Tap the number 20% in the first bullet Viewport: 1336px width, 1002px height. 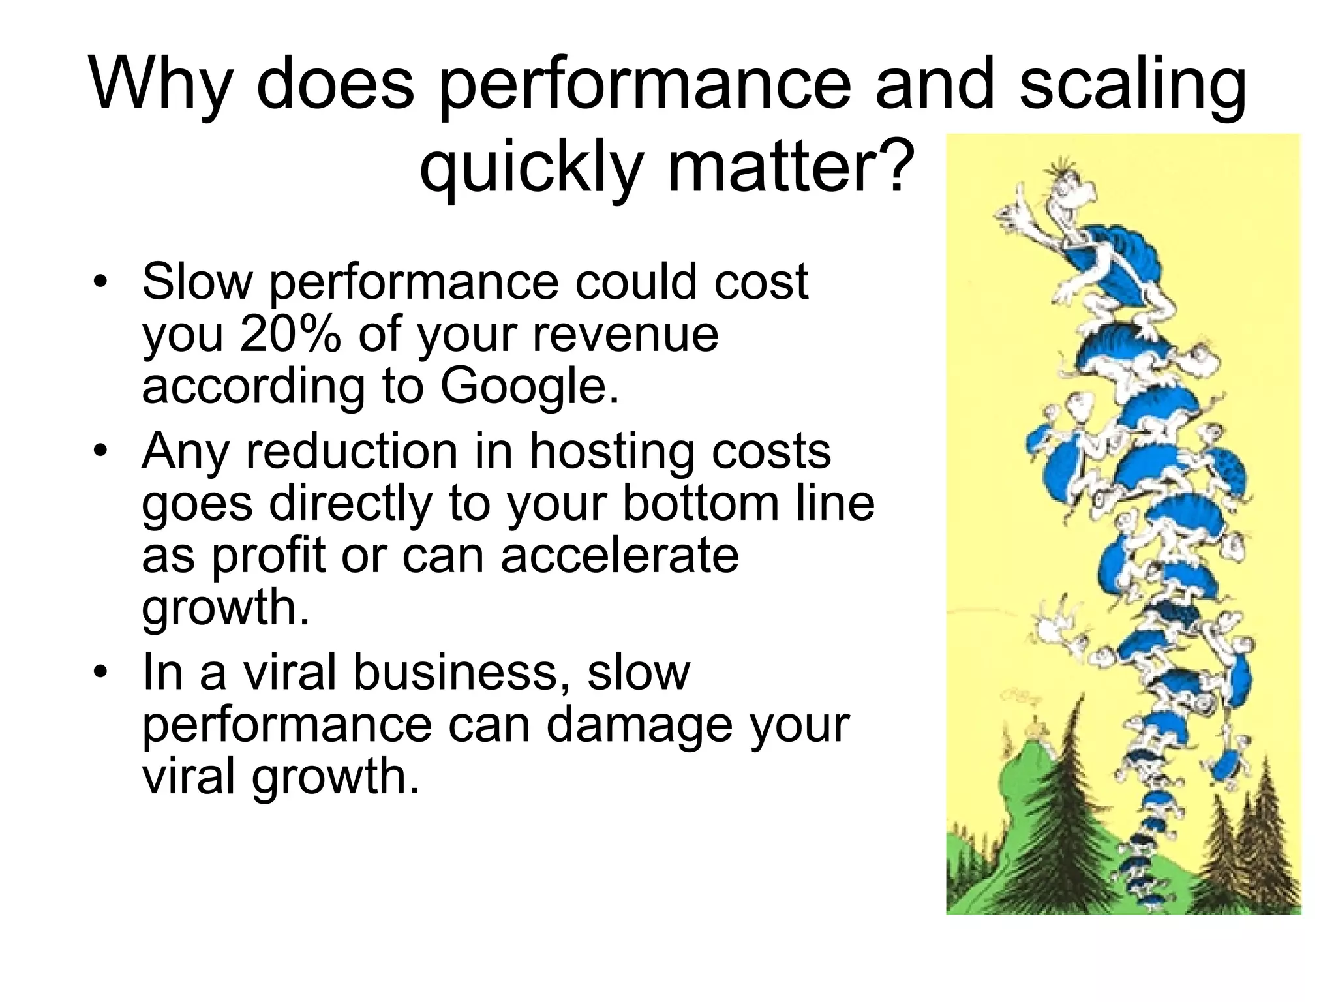(x=290, y=334)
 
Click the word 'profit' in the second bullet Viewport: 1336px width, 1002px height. (x=267, y=556)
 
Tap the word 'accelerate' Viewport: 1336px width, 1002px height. (x=620, y=556)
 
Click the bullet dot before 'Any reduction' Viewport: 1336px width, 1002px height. (x=99, y=451)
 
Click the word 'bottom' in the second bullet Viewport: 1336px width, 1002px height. (x=701, y=504)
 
